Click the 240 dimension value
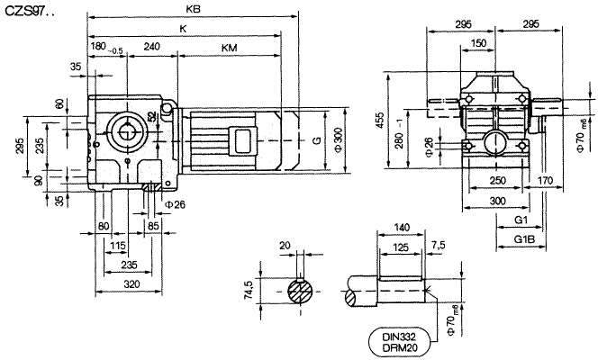click(152, 45)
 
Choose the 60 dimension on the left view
click(59, 104)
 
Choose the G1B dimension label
click(523, 238)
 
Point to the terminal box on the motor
click(242, 139)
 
